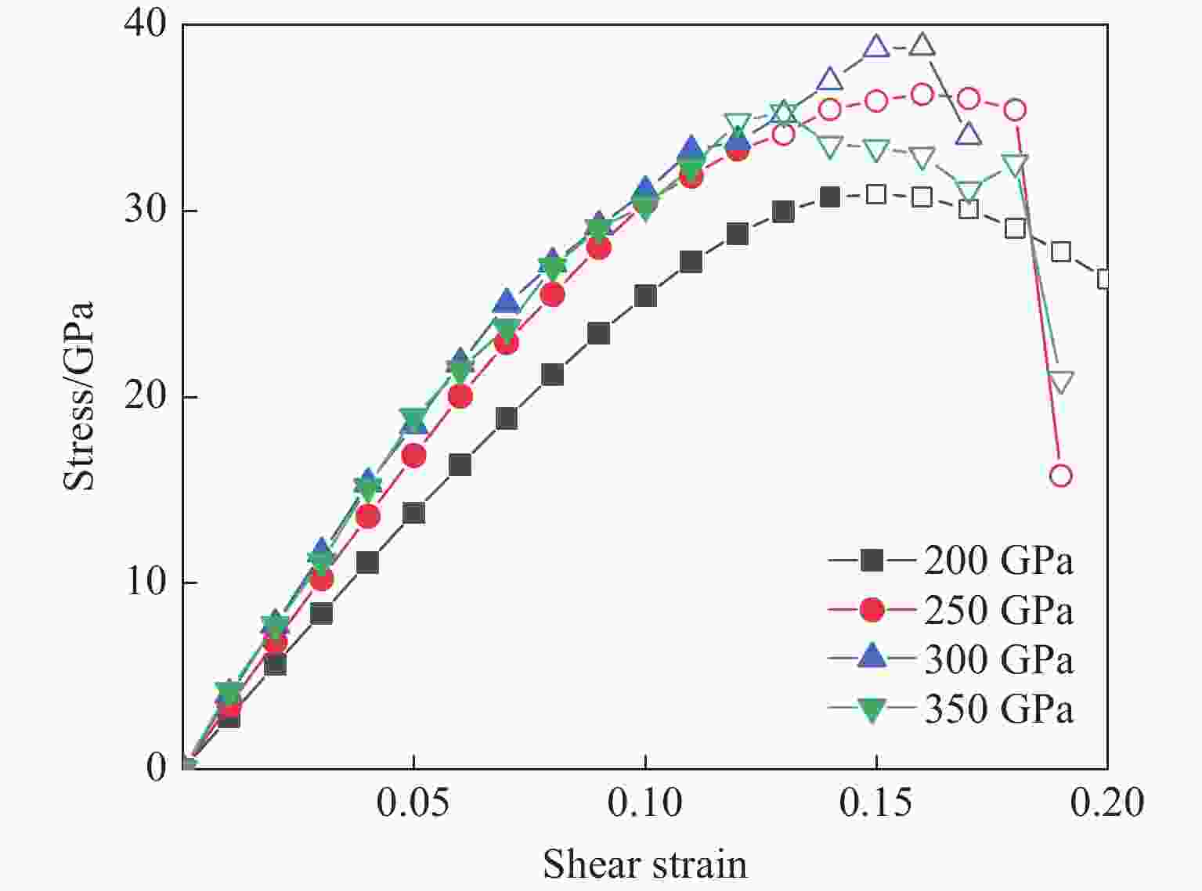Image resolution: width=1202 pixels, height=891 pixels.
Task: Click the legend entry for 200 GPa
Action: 998,561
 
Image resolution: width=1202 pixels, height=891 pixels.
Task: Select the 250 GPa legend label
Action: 998,610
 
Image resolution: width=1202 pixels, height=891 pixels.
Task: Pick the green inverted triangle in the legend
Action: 872,709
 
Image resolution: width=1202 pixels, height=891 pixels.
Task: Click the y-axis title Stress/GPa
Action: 78,396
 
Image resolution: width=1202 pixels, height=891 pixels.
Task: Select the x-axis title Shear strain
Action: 644,864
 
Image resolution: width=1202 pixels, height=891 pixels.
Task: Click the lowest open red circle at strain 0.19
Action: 1060,475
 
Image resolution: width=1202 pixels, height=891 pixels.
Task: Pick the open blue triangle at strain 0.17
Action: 969,135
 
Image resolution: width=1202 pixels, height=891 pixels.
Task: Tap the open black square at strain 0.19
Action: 1060,251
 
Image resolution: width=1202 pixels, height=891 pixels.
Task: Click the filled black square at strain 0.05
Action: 413,513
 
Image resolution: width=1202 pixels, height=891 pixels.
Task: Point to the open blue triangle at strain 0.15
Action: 876,47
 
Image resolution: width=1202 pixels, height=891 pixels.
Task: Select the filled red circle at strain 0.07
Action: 506,342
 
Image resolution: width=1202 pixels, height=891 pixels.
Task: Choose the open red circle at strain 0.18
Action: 1014,110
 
